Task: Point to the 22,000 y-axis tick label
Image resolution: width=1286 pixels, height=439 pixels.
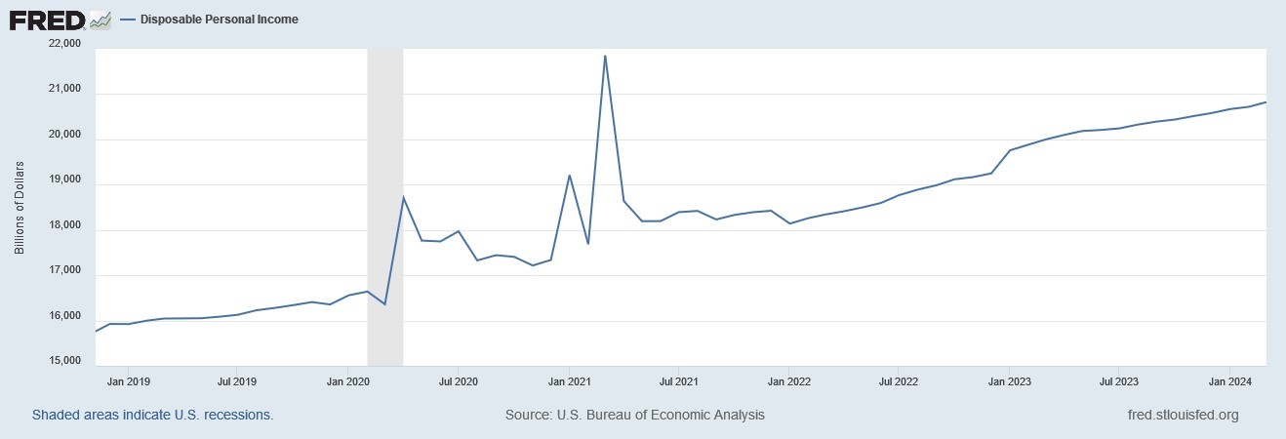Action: [x=65, y=44]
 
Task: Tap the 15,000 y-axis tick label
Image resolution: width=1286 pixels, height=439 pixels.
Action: [x=65, y=361]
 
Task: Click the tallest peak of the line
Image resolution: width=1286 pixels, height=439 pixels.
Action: [x=605, y=57]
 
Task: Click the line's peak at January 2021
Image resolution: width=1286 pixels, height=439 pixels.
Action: [x=569, y=176]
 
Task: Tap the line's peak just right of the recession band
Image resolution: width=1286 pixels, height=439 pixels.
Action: [x=403, y=197]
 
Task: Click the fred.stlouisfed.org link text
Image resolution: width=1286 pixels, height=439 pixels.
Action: [x=1183, y=415]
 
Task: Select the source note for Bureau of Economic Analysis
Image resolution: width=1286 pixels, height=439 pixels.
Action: [x=634, y=415]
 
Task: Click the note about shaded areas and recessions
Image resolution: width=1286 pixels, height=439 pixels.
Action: [x=152, y=415]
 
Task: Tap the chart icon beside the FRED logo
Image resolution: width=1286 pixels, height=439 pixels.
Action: [x=100, y=19]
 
